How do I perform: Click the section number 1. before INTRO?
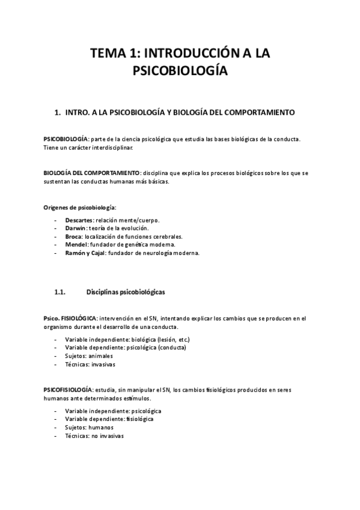[58, 112]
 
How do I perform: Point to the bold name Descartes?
[79, 221]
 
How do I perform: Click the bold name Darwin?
[75, 229]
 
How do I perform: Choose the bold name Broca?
[74, 237]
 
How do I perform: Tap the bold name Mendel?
[76, 245]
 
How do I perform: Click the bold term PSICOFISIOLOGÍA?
[68, 390]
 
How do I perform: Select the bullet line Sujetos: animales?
[89, 356]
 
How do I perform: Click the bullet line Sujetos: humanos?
[89, 427]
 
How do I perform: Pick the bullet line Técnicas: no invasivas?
[94, 435]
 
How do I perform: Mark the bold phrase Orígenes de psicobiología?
[75, 207]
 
